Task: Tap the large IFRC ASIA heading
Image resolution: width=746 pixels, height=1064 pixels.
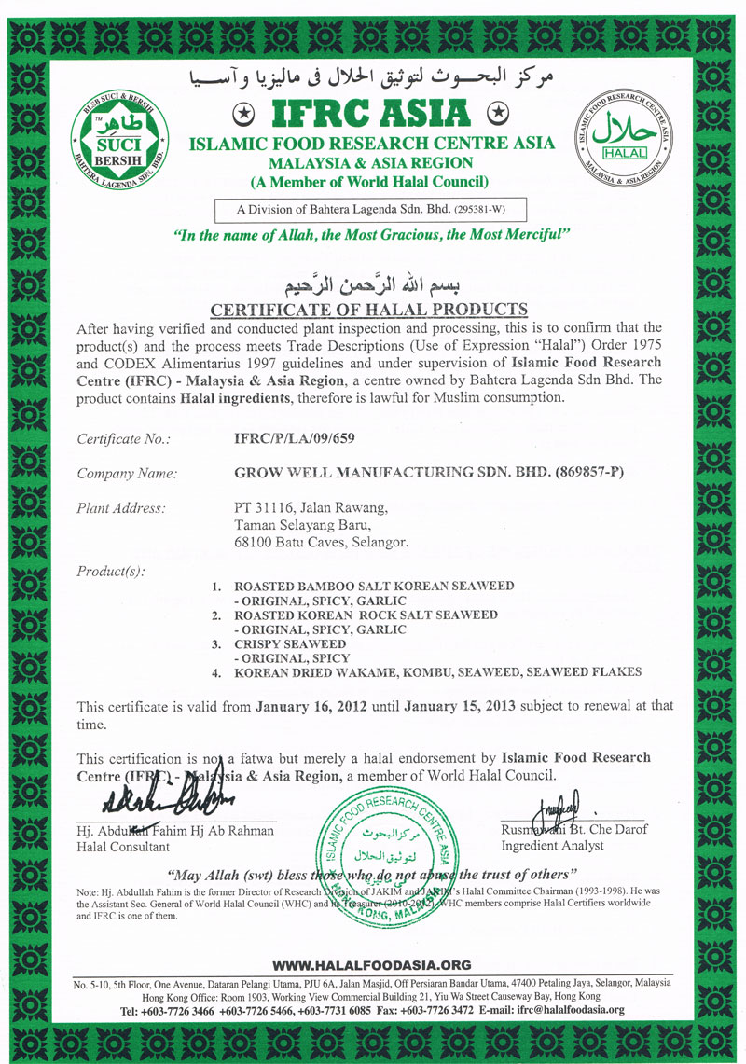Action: tap(368, 113)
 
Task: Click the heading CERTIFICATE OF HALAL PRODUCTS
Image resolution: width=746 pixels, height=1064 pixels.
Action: tap(369, 310)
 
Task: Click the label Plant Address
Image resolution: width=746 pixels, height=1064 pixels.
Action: tap(121, 508)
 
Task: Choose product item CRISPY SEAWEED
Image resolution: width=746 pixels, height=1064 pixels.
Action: tap(290, 644)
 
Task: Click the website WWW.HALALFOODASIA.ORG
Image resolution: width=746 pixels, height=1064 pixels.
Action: tap(372, 965)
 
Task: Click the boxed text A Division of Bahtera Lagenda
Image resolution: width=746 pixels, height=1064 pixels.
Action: tap(369, 207)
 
